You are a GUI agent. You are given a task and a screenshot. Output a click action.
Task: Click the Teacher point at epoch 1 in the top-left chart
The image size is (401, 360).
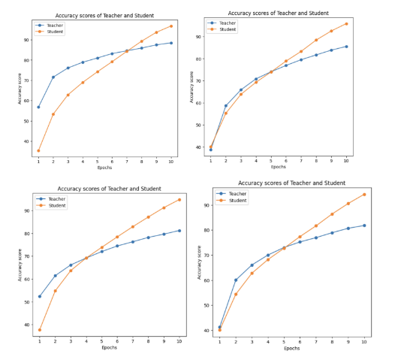coord(38,107)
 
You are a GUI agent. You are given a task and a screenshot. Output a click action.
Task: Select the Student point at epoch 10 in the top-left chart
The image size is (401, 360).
coord(170,26)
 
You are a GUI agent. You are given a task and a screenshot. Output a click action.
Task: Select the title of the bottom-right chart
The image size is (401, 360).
coord(291,183)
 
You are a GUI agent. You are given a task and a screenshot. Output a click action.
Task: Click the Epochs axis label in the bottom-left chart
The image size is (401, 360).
coord(110,348)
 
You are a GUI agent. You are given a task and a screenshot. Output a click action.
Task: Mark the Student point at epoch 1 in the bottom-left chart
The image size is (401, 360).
coord(40,330)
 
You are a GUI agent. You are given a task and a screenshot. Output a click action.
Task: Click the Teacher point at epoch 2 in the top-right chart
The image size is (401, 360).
coord(226,106)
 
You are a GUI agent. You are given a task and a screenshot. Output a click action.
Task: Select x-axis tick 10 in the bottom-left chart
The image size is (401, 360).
coord(179,341)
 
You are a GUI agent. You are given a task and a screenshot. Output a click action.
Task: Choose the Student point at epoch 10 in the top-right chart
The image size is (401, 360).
coord(346,23)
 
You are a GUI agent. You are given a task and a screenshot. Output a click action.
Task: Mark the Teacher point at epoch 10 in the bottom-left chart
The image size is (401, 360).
coord(179,231)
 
